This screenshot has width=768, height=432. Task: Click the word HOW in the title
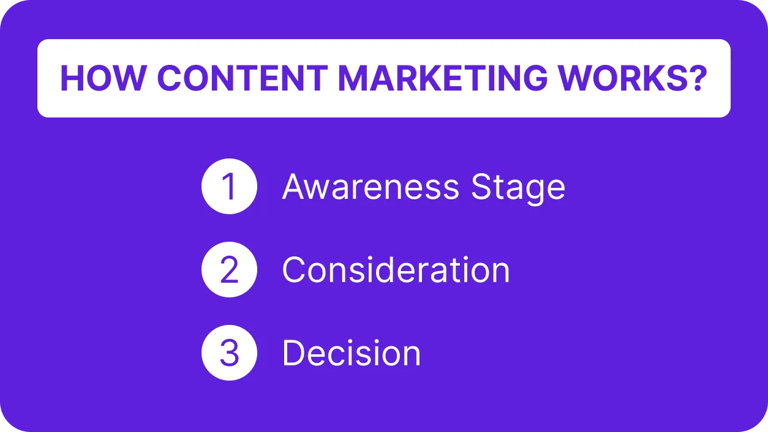click(x=102, y=78)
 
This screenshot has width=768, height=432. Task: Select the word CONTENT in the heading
click(x=243, y=78)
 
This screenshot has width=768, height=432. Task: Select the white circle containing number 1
click(x=229, y=187)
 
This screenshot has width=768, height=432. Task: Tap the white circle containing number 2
click(x=229, y=270)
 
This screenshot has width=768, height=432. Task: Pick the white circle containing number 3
click(x=229, y=353)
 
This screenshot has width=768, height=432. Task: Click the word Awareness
click(x=371, y=187)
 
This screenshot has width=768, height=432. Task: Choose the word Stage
click(x=518, y=188)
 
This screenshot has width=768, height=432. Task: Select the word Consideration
click(x=396, y=270)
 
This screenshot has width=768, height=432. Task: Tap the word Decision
click(x=352, y=353)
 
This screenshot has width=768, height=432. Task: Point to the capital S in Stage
click(x=482, y=187)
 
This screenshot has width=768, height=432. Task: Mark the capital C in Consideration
click(x=294, y=270)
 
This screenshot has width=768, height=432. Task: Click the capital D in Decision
click(x=294, y=353)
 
